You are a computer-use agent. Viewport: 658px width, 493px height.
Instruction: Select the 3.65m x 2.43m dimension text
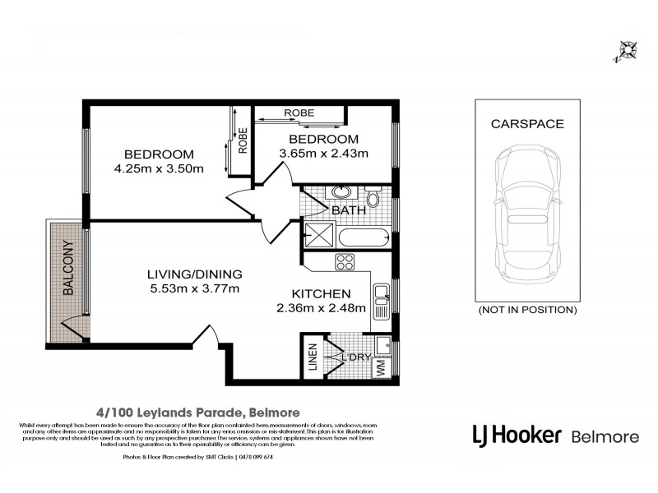tap(323, 152)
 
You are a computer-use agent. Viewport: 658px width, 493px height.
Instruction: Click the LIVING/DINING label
tap(194, 274)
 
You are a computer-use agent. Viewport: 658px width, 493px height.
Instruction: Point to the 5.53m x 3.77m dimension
tap(194, 288)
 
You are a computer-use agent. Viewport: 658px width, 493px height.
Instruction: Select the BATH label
tap(348, 211)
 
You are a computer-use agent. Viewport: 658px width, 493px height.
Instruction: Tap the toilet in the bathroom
tap(373, 197)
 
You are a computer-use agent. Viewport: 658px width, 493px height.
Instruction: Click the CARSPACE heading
tap(526, 124)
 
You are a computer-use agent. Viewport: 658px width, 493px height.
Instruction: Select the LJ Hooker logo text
tap(516, 434)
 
